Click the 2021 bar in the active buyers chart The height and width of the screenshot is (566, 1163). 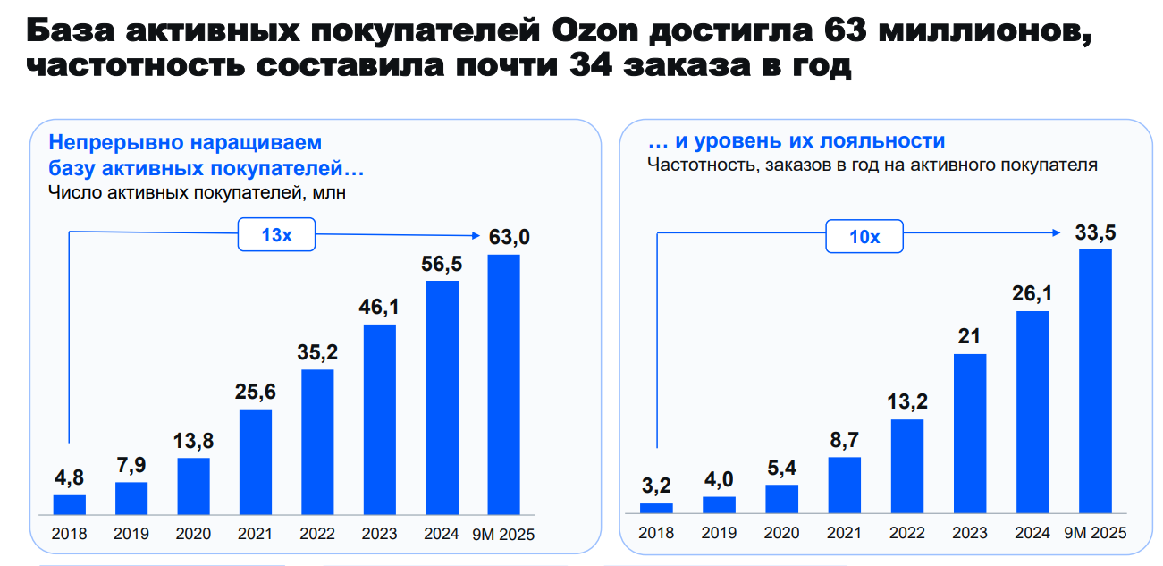[256, 462]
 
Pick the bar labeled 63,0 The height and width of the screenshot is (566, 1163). [503, 385]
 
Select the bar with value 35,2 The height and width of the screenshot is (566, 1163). [317, 443]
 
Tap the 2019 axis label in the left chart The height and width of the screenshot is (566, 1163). [131, 535]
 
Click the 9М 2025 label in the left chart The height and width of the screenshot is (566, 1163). [504, 535]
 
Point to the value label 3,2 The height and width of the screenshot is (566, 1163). [656, 486]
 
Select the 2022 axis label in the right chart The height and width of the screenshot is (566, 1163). [906, 534]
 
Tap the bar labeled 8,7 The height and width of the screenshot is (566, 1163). [844, 486]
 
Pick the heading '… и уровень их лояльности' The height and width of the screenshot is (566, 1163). [796, 141]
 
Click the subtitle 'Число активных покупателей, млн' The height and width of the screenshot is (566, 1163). [196, 191]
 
